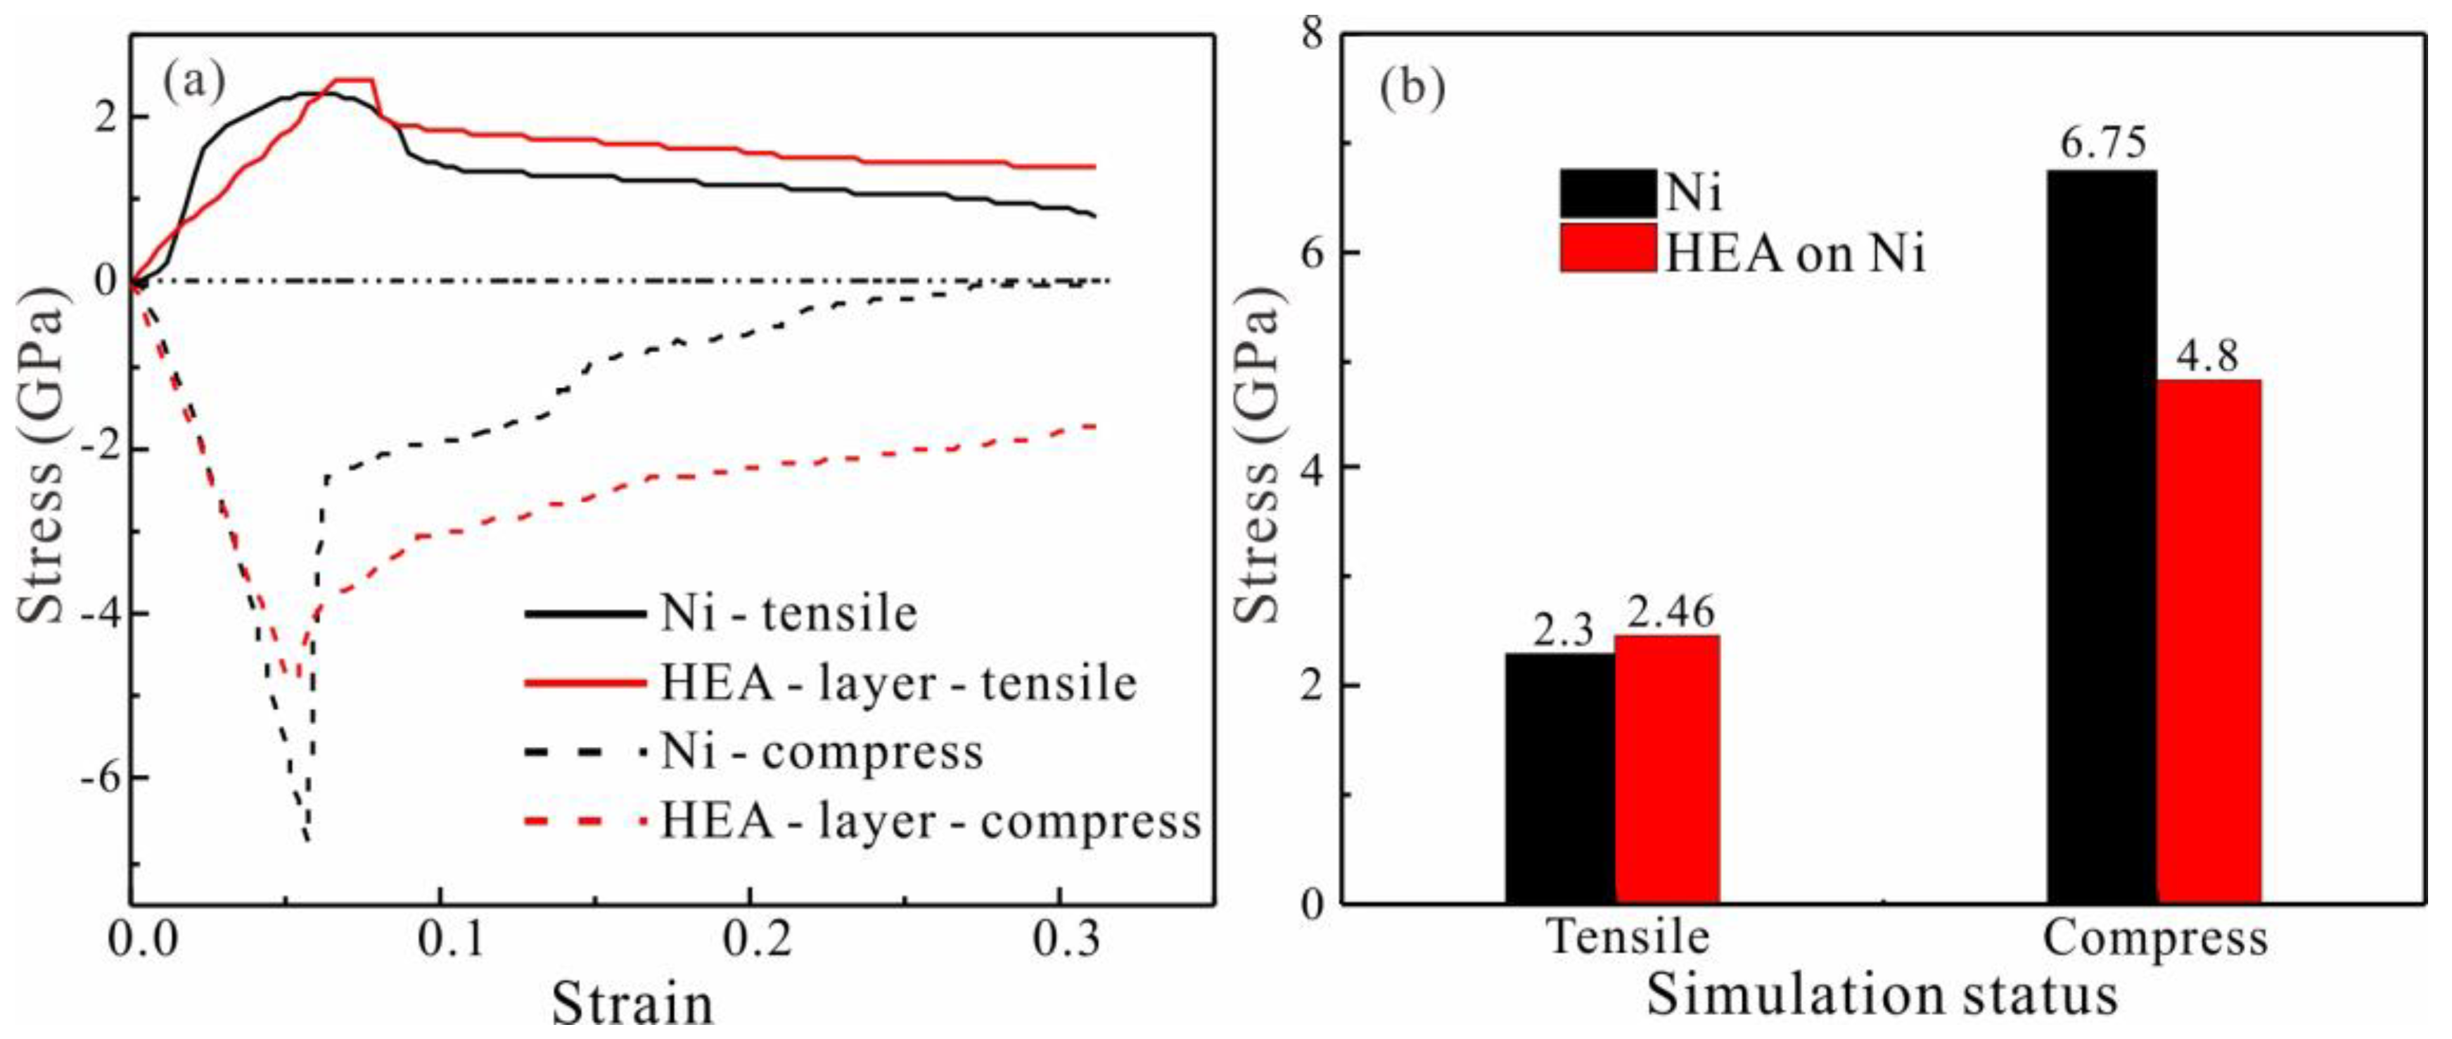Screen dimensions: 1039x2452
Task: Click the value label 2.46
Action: point(1670,612)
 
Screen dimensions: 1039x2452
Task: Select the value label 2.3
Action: point(1562,631)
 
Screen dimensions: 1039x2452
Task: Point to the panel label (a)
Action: point(194,83)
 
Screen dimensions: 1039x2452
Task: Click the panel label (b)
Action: point(1412,89)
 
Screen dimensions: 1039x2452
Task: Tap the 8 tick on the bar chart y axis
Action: point(1312,35)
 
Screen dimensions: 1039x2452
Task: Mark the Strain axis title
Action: point(632,1005)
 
